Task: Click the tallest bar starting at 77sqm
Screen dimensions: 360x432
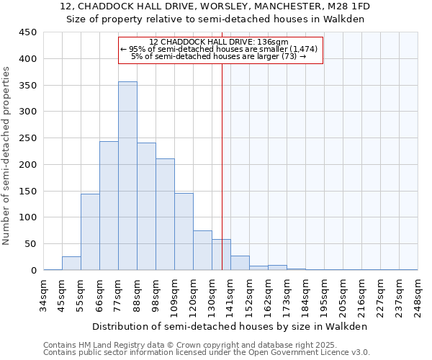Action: click(127, 176)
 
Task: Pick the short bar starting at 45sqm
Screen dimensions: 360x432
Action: click(71, 264)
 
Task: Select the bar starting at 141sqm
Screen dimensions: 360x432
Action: click(240, 263)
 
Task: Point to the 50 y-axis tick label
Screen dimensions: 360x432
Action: click(30, 244)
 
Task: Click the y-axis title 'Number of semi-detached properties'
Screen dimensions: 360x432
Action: click(7, 155)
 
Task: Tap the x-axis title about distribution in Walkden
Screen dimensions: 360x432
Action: click(230, 326)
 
